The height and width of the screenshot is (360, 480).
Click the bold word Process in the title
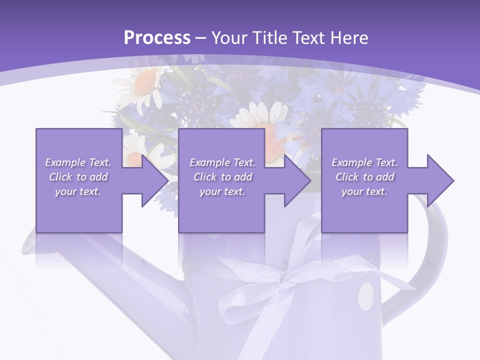tap(157, 37)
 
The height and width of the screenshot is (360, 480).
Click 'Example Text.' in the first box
tap(78, 162)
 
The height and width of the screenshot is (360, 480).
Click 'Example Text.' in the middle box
tap(222, 162)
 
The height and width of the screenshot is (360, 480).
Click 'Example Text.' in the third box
tap(364, 162)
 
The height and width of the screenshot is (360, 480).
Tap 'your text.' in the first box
tap(78, 191)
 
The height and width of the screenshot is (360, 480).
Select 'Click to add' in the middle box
tap(222, 177)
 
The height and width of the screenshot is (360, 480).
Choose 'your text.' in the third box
tap(364, 191)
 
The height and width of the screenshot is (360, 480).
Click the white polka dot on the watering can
tap(366, 295)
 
